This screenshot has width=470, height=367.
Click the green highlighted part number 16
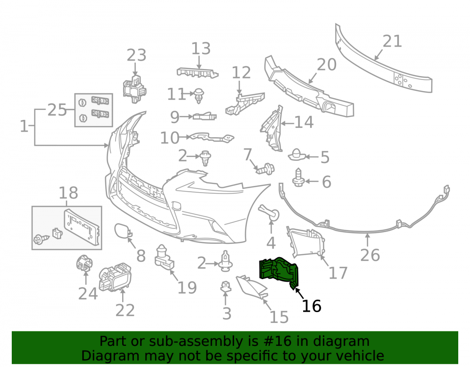pyautogui.click(x=278, y=270)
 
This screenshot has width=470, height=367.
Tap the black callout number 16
pyautogui.click(x=312, y=306)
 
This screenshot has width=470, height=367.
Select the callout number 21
pyautogui.click(x=392, y=41)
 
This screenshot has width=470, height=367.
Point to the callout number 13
pyautogui.click(x=201, y=48)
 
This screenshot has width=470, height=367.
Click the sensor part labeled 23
pyautogui.click(x=134, y=89)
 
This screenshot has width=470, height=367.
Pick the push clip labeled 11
pyautogui.click(x=198, y=95)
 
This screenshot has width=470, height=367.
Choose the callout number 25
pyautogui.click(x=57, y=110)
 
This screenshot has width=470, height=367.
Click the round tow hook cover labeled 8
pyautogui.click(x=123, y=231)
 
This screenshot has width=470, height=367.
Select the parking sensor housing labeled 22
pyautogui.click(x=115, y=277)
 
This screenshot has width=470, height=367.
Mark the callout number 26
pyautogui.click(x=370, y=255)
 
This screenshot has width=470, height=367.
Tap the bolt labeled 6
pyautogui.click(x=298, y=178)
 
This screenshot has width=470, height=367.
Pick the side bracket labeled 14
pyautogui.click(x=272, y=128)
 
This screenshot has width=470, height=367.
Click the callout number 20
pyautogui.click(x=327, y=65)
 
